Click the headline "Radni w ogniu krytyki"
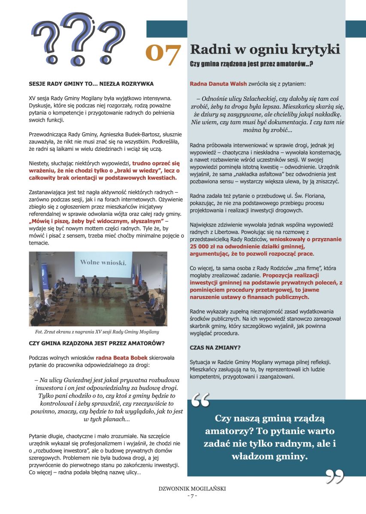(265, 49)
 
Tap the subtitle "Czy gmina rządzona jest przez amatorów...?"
(251, 64)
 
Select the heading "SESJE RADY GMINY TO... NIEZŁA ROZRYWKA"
(91, 84)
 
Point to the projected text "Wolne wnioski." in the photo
(103, 262)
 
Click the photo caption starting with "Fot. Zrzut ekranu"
(97, 332)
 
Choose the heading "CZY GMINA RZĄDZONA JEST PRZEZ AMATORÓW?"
(97, 343)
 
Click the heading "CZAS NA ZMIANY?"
(215, 347)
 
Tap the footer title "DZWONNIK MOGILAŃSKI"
(192, 488)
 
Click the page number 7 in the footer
(192, 496)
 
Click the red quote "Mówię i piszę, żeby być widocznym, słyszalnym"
(97, 221)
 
